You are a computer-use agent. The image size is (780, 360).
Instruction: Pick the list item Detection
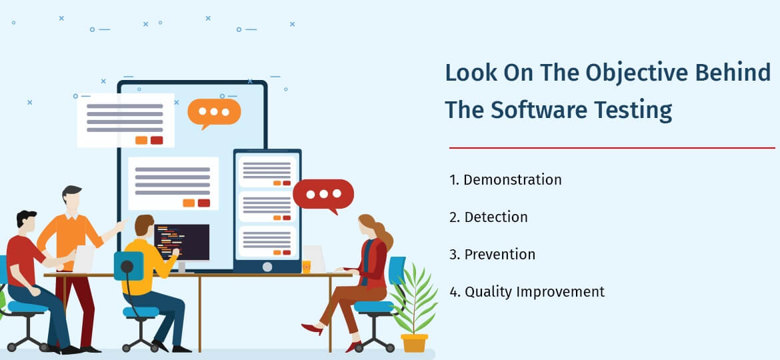(x=495, y=217)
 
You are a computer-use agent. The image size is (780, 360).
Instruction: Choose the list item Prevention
(x=499, y=254)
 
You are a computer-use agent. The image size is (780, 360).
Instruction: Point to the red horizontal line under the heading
(x=611, y=147)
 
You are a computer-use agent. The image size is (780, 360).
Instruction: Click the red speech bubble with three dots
(x=323, y=195)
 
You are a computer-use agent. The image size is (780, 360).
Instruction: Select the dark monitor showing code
(x=182, y=241)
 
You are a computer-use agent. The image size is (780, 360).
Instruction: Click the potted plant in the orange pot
(x=414, y=313)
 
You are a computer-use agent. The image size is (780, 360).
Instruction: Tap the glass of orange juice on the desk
(x=307, y=266)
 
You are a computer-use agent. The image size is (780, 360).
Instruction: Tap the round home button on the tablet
(x=267, y=267)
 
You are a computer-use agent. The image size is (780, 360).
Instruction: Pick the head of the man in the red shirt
(x=26, y=222)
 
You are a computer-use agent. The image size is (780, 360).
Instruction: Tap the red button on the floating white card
(x=157, y=140)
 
